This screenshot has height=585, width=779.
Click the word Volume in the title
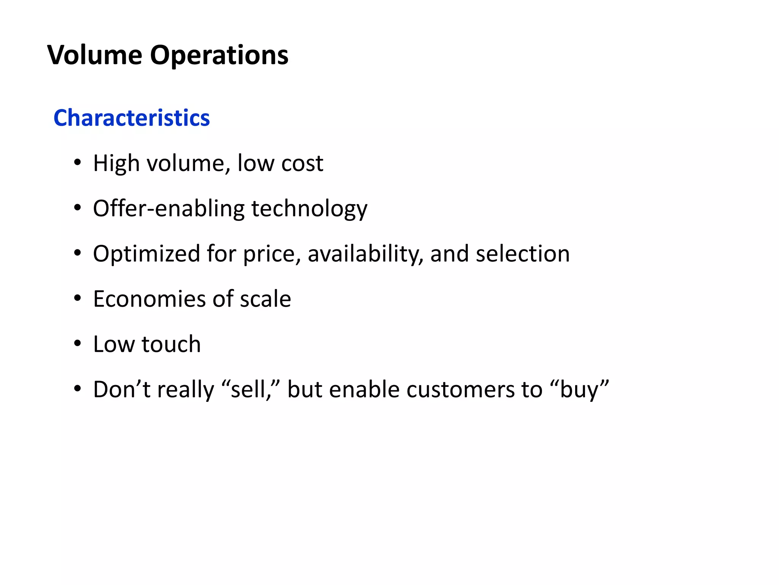tap(95, 55)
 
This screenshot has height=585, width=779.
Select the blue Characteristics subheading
tap(132, 118)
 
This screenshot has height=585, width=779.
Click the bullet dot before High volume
tap(78, 163)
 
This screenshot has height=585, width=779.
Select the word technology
tap(309, 209)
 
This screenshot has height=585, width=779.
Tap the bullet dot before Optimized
tap(78, 253)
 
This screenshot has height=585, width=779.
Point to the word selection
tap(523, 254)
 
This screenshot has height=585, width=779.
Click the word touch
tap(171, 344)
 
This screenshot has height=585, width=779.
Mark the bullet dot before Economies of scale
tap(78, 299)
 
